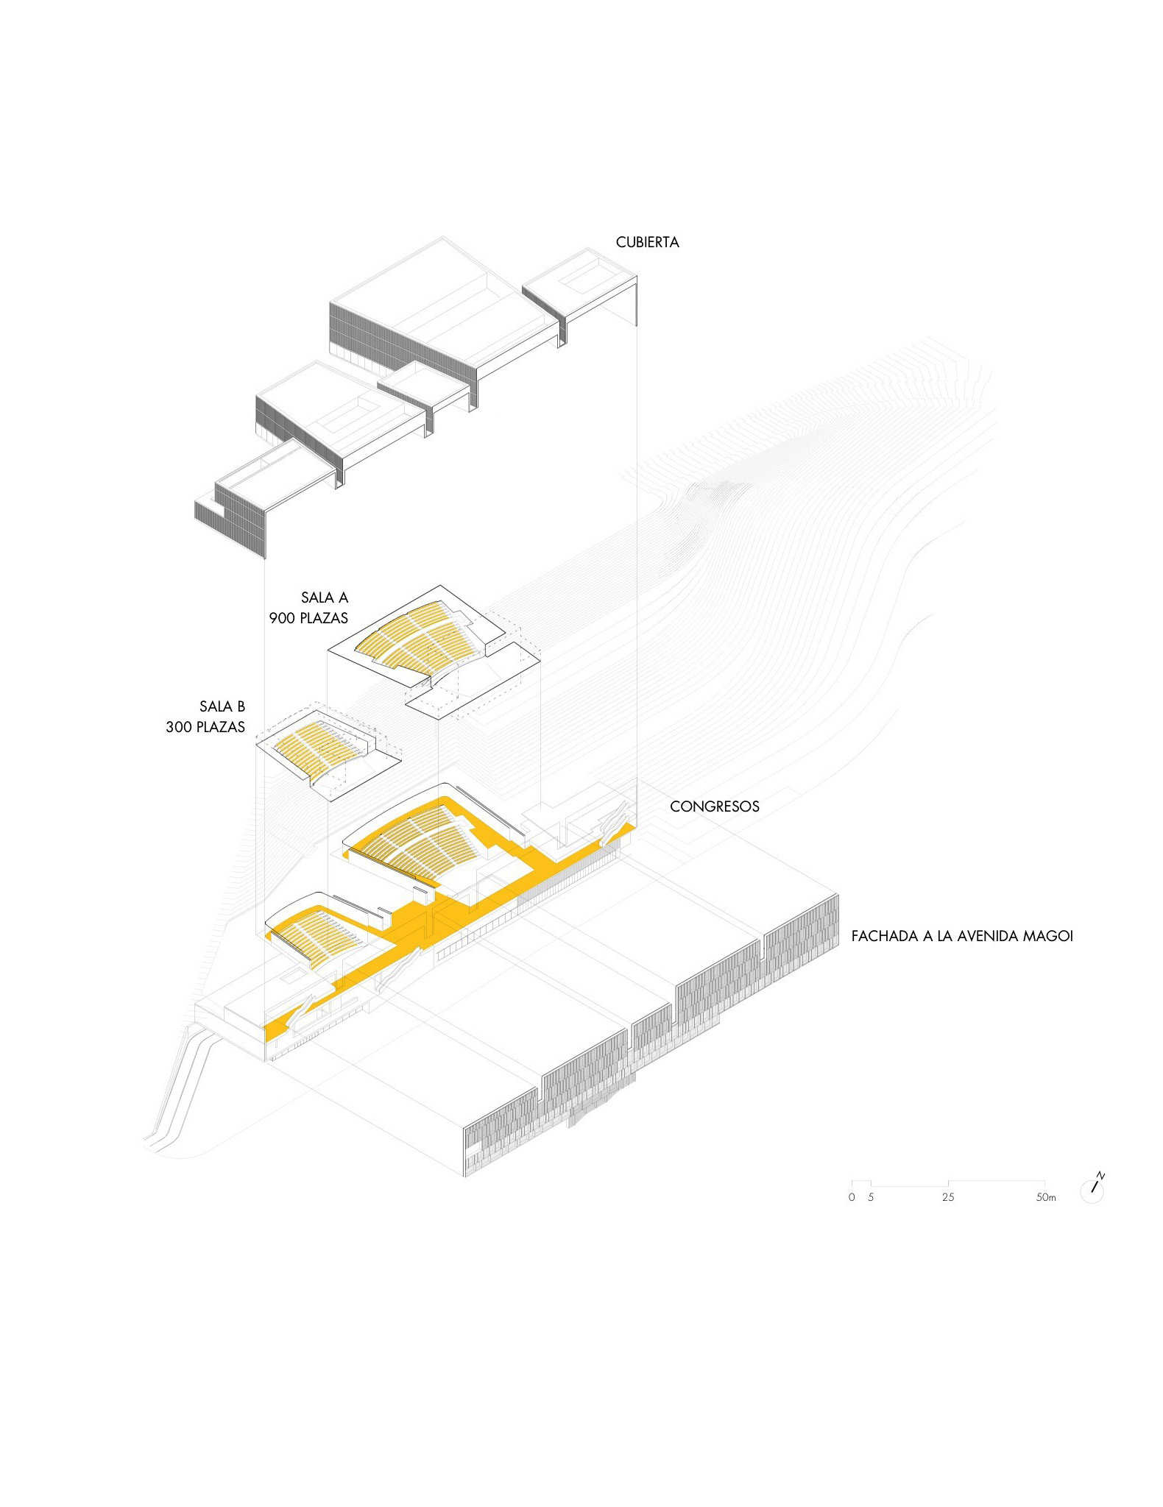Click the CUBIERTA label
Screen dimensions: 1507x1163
pos(647,242)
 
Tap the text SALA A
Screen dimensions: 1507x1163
pos(324,598)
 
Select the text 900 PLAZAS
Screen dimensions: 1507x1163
pos(308,618)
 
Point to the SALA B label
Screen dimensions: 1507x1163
pos(222,706)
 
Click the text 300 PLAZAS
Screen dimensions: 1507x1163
pos(205,727)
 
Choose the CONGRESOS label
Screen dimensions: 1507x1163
pos(714,806)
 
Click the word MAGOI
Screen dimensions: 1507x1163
pos(1046,936)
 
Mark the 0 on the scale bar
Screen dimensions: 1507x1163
pos(852,1197)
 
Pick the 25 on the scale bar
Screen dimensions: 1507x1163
pos(948,1197)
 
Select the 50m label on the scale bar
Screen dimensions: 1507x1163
pos(1046,1197)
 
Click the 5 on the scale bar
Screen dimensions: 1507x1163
pos(871,1197)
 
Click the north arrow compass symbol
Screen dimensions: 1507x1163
pos(1093,1186)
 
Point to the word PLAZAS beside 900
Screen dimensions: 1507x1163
pos(323,618)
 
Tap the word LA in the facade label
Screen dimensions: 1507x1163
pos(944,936)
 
